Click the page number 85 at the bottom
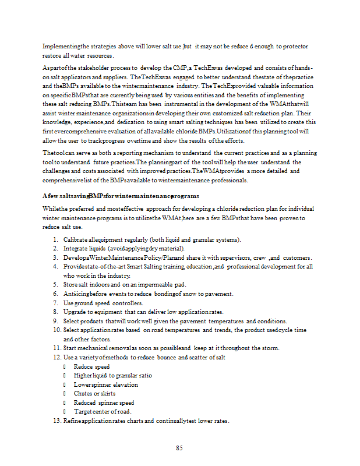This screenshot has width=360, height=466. [180, 448]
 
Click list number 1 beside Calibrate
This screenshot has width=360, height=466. [55, 240]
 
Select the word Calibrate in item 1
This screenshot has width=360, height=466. [75, 240]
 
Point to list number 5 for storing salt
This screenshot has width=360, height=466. [55, 285]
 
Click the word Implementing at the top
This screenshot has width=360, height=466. [62, 47]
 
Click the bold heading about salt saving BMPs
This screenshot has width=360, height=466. [121, 196]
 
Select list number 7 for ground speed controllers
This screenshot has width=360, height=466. [55, 303]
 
